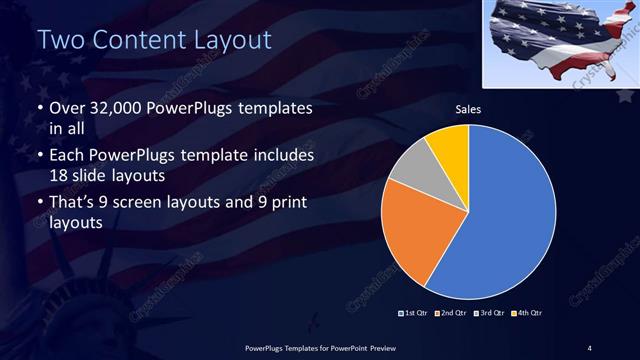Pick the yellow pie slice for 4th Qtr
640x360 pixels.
click(448, 146)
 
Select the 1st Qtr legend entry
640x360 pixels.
click(414, 313)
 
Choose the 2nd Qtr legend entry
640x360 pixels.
click(452, 313)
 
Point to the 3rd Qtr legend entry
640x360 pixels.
click(490, 313)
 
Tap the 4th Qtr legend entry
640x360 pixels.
click(527, 313)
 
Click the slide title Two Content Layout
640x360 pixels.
click(154, 40)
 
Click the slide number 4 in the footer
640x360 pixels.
click(590, 347)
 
